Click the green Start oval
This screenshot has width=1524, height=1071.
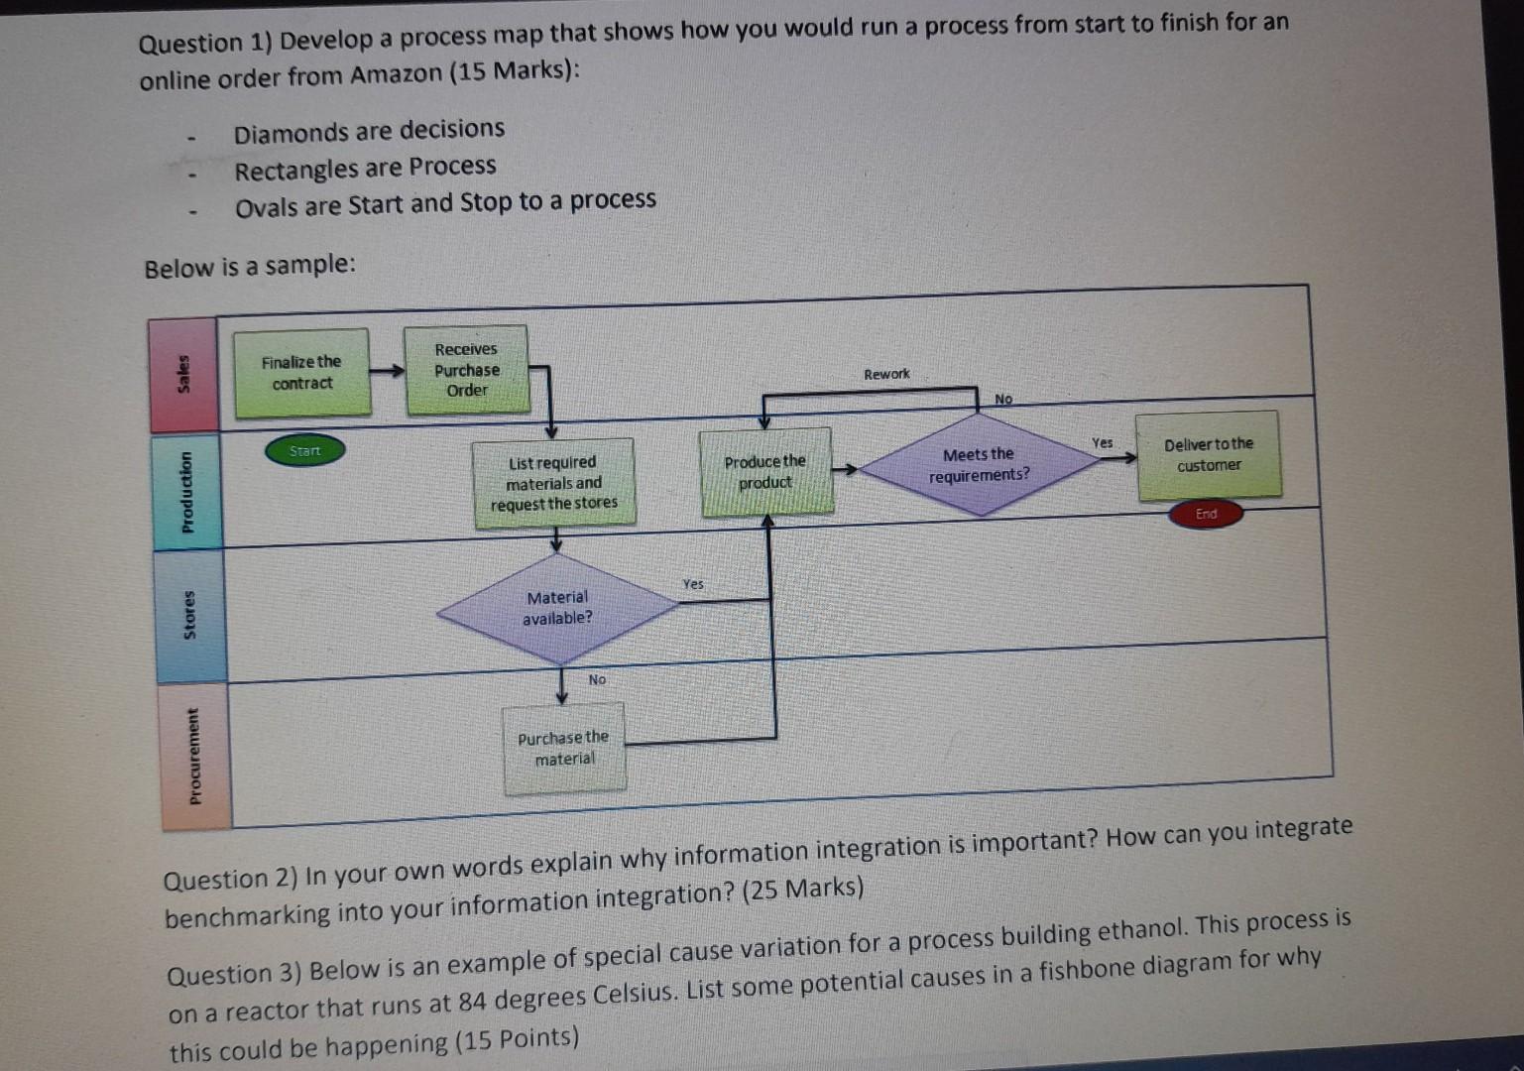[304, 451]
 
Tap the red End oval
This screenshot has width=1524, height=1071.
[1205, 514]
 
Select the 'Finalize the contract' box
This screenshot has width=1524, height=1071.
[301, 373]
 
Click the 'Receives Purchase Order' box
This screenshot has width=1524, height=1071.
[466, 370]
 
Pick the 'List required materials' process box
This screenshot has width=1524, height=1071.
[553, 483]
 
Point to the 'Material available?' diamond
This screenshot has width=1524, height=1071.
[557, 608]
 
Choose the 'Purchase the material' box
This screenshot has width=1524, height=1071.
[563, 748]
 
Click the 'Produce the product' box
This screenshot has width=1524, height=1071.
[764, 472]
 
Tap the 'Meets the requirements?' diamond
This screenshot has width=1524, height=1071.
[979, 465]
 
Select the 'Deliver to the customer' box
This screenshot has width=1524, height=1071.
[1208, 455]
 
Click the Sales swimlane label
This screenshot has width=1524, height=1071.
[183, 376]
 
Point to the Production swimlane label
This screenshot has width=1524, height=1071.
[185, 491]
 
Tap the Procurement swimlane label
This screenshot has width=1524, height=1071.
[194, 755]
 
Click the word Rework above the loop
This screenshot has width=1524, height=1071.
[885, 374]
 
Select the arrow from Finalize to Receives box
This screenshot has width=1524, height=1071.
[388, 371]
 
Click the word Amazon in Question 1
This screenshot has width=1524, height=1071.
[394, 75]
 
